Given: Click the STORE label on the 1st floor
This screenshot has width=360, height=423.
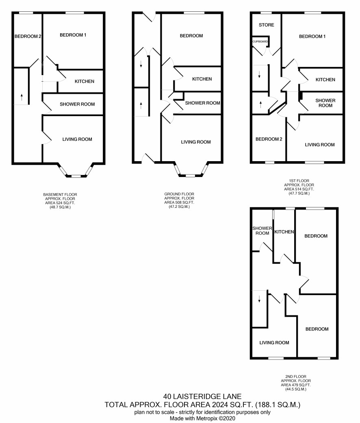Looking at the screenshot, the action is pyautogui.click(x=266, y=25).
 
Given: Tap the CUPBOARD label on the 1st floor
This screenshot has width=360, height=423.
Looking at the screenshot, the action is pyautogui.click(x=260, y=41).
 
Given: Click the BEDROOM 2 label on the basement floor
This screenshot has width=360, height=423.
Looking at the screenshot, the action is pyautogui.click(x=28, y=36).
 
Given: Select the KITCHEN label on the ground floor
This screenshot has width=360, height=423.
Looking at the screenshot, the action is pyautogui.click(x=202, y=79).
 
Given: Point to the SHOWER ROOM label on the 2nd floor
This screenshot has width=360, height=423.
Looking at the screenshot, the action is pyautogui.click(x=262, y=231).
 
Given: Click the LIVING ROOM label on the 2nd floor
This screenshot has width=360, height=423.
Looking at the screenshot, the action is pyautogui.click(x=274, y=343).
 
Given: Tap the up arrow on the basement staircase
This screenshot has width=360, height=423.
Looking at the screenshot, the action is pyautogui.click(x=22, y=97).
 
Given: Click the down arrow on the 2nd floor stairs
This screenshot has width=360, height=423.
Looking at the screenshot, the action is pyautogui.click(x=259, y=299).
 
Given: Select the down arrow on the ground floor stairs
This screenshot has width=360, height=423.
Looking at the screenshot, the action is pyautogui.click(x=141, y=64).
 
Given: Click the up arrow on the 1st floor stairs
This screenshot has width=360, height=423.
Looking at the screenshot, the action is pyautogui.click(x=260, y=104).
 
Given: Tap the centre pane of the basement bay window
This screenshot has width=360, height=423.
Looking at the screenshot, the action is pyautogui.click(x=76, y=176).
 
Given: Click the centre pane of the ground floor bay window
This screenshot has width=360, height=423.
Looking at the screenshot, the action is pyautogui.click(x=191, y=176).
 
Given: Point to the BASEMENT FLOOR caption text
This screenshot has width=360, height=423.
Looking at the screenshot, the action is pyautogui.click(x=60, y=194).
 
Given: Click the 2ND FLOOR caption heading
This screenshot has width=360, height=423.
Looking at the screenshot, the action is pyautogui.click(x=296, y=377).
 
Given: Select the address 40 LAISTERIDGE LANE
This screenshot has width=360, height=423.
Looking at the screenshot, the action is pyautogui.click(x=202, y=397).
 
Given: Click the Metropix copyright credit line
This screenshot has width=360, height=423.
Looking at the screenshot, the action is pyautogui.click(x=202, y=419).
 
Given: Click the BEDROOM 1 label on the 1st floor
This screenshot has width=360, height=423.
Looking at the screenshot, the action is pyautogui.click(x=312, y=37).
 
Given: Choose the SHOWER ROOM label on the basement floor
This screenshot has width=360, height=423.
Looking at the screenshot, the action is pyautogui.click(x=77, y=104).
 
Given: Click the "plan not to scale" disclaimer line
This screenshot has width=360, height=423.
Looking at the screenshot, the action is pyautogui.click(x=202, y=412).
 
